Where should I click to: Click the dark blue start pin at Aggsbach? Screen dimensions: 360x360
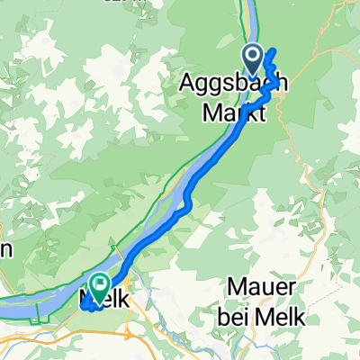pos(253,61)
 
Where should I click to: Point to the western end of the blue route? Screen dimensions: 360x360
pos(84,306)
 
